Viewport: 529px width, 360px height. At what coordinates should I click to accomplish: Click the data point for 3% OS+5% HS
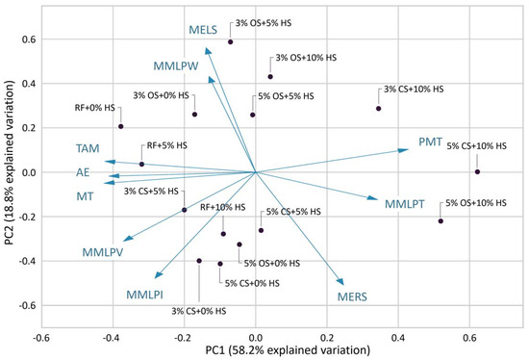[x=231, y=42]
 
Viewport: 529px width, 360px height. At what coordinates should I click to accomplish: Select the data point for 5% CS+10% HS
[x=477, y=172]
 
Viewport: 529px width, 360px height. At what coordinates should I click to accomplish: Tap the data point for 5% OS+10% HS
[x=441, y=221]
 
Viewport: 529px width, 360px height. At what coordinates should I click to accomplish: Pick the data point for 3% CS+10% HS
[x=379, y=109]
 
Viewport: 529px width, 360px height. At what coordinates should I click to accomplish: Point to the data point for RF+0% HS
[x=121, y=126]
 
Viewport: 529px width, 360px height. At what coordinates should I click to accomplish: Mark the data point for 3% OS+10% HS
[x=270, y=77]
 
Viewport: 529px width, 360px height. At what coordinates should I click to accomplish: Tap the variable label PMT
[x=432, y=142]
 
